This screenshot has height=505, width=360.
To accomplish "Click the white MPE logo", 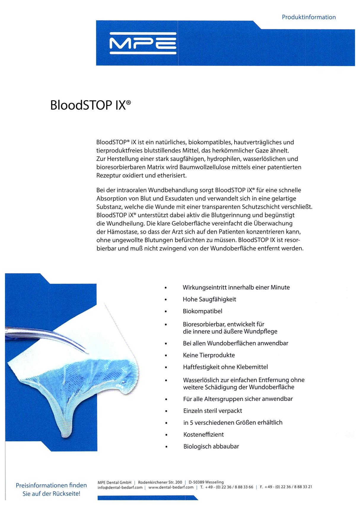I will point(143,43).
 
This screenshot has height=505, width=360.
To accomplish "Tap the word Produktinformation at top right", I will point(309,17).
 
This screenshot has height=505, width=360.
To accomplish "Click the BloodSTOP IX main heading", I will point(90,105).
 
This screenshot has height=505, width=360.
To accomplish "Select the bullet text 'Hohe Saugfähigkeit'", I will point(209,299).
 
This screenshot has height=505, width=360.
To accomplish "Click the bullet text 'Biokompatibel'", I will point(203,311).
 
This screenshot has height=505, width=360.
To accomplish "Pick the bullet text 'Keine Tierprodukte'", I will point(209,355).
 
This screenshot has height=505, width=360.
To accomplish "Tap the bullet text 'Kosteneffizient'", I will point(203,435).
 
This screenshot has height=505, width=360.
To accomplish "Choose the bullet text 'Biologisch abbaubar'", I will point(211,447).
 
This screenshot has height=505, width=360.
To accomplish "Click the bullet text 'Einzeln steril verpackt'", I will point(213,411).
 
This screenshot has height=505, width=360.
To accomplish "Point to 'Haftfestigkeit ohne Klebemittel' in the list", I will point(225,367).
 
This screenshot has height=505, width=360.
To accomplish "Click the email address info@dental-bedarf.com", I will point(120,487).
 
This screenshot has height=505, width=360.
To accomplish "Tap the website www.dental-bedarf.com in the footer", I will point(171,487).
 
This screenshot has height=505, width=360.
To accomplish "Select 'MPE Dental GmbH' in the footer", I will point(114,482).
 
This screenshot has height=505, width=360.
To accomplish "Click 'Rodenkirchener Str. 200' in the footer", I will point(160,482).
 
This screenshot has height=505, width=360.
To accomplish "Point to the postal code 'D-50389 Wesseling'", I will point(206,482).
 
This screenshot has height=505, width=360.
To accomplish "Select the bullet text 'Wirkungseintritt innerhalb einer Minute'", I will point(236,288).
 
